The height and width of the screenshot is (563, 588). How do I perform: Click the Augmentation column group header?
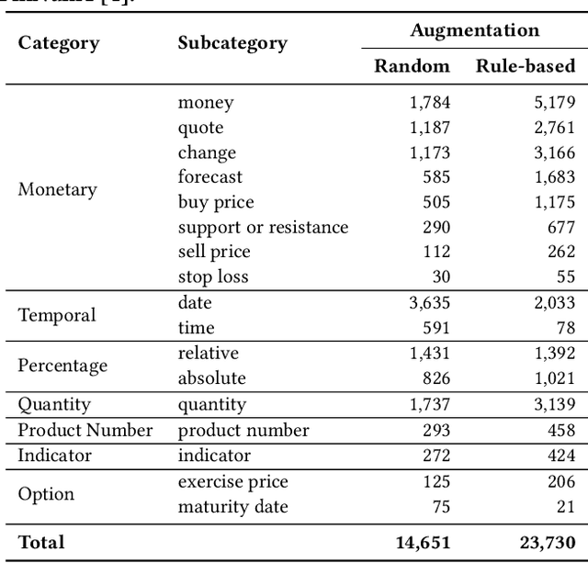click(474, 30)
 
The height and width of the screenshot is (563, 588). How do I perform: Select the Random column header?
click(413, 66)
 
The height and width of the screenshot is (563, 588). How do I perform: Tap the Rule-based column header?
click(526, 66)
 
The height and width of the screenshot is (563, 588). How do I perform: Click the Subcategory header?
click(232, 43)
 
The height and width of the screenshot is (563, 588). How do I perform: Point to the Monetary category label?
click(57, 190)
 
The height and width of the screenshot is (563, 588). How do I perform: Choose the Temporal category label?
click(57, 315)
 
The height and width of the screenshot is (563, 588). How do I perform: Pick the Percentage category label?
click(62, 366)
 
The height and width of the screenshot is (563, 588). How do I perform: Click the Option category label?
click(46, 494)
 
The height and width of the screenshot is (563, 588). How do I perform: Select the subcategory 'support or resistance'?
click(263, 227)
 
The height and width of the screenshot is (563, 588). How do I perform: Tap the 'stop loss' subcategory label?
click(213, 276)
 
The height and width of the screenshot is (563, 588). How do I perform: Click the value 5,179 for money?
click(553, 103)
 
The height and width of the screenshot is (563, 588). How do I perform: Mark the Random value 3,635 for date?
click(429, 302)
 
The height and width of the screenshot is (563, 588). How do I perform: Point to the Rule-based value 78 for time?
click(563, 328)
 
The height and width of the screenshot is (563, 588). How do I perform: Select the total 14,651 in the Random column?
click(423, 543)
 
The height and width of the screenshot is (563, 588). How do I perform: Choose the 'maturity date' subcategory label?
click(232, 507)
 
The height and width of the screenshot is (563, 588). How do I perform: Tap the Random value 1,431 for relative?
click(429, 354)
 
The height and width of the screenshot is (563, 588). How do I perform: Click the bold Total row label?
click(41, 543)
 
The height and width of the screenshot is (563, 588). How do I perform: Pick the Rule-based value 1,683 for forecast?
click(553, 177)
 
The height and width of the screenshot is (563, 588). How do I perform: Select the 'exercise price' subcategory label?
click(232, 482)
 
